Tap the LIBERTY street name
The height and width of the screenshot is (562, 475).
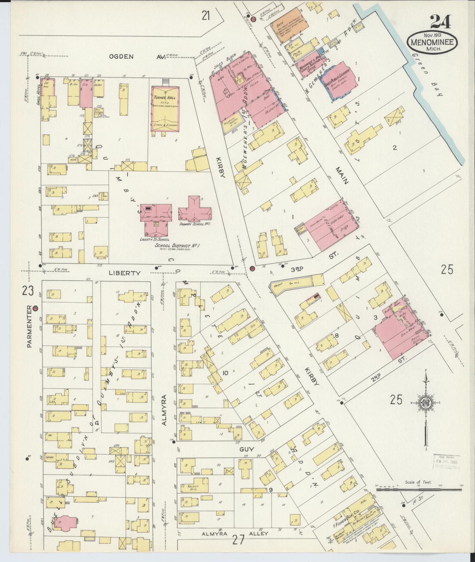pos(125,273)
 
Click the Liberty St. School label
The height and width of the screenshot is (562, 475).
pos(153,239)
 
